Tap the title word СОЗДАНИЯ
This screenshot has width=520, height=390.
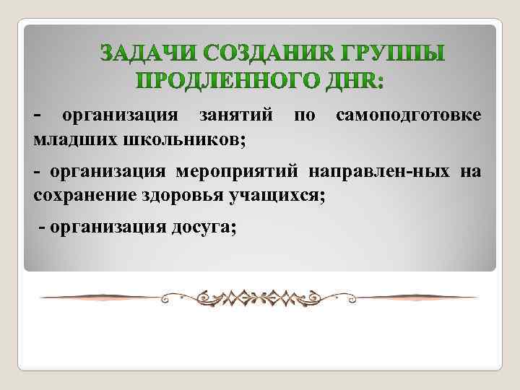tap(251, 53)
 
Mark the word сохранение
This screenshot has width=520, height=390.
tap(80, 194)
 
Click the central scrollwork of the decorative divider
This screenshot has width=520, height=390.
tap(259, 297)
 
